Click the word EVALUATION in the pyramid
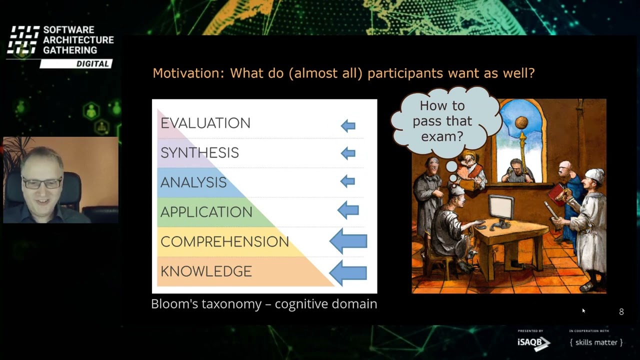click(x=205, y=123)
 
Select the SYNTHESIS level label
click(x=199, y=153)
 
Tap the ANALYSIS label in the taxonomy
click(x=193, y=182)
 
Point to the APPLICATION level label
click(x=206, y=212)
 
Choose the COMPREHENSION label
click(x=225, y=241)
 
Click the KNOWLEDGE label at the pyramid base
click(x=206, y=271)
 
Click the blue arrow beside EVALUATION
click(x=348, y=125)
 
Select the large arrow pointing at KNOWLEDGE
click(x=348, y=273)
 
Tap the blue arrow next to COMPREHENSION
click(x=348, y=241)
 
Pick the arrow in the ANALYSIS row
click(x=347, y=181)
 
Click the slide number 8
click(x=621, y=311)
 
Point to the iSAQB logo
click(x=533, y=342)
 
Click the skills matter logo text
click(x=596, y=342)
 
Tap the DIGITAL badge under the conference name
click(x=76, y=63)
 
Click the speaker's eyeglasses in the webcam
click(x=42, y=183)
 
